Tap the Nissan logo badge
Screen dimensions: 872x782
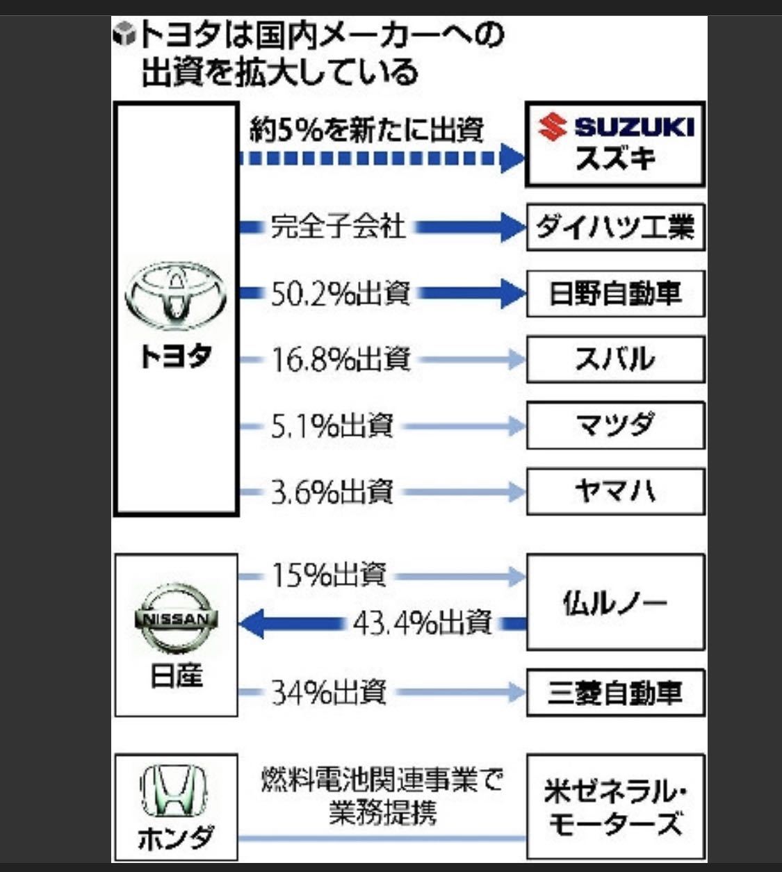[176, 618]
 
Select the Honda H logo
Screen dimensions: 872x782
[174, 791]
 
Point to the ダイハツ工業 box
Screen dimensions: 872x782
[615, 227]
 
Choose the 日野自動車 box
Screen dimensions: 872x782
[615, 293]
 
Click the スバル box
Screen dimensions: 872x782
[615, 359]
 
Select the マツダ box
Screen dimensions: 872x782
[615, 425]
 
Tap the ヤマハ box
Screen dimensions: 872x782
[615, 491]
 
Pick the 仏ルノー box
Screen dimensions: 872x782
[615, 602]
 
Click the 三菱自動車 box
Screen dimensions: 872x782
[615, 693]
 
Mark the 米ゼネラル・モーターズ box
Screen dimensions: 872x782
[615, 807]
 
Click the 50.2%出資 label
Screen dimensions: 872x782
[339, 293]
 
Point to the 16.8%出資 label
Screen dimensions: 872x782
[341, 359]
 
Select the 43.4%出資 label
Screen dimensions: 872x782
[423, 623]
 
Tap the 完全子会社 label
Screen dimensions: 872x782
[338, 227]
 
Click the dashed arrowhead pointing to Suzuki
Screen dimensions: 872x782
[512, 158]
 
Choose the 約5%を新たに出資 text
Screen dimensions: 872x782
[366, 130]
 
